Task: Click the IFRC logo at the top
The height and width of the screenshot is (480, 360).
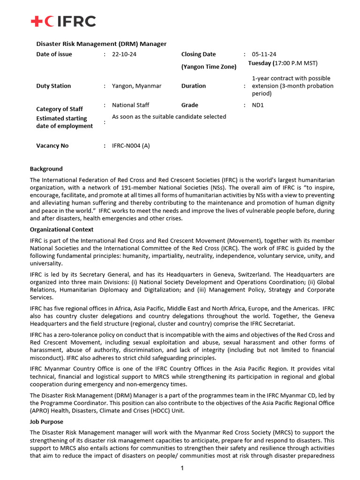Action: (63, 21)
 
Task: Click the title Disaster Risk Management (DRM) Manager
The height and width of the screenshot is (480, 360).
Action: (101, 44)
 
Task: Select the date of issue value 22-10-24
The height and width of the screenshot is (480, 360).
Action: (124, 54)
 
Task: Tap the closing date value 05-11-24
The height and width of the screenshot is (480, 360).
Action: (264, 54)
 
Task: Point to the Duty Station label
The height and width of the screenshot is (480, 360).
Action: (53, 86)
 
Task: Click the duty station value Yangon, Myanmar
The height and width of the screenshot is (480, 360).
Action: (136, 86)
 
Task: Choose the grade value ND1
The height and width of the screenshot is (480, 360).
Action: (258, 105)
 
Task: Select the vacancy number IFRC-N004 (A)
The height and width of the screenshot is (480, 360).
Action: (131, 146)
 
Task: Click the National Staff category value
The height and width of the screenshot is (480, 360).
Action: (130, 105)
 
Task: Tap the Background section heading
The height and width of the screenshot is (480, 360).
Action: (46, 169)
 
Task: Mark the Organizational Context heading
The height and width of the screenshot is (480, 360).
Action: (61, 230)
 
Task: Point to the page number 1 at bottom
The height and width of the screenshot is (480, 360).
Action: (182, 468)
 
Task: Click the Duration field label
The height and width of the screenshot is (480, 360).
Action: (193, 86)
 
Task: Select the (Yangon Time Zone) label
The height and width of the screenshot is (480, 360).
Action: (209, 67)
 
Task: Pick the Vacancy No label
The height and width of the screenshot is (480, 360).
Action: (52, 146)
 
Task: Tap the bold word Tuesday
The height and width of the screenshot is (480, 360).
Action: (260, 63)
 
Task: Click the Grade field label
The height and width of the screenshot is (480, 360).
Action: (189, 105)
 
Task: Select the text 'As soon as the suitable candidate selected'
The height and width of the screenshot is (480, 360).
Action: (169, 117)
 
